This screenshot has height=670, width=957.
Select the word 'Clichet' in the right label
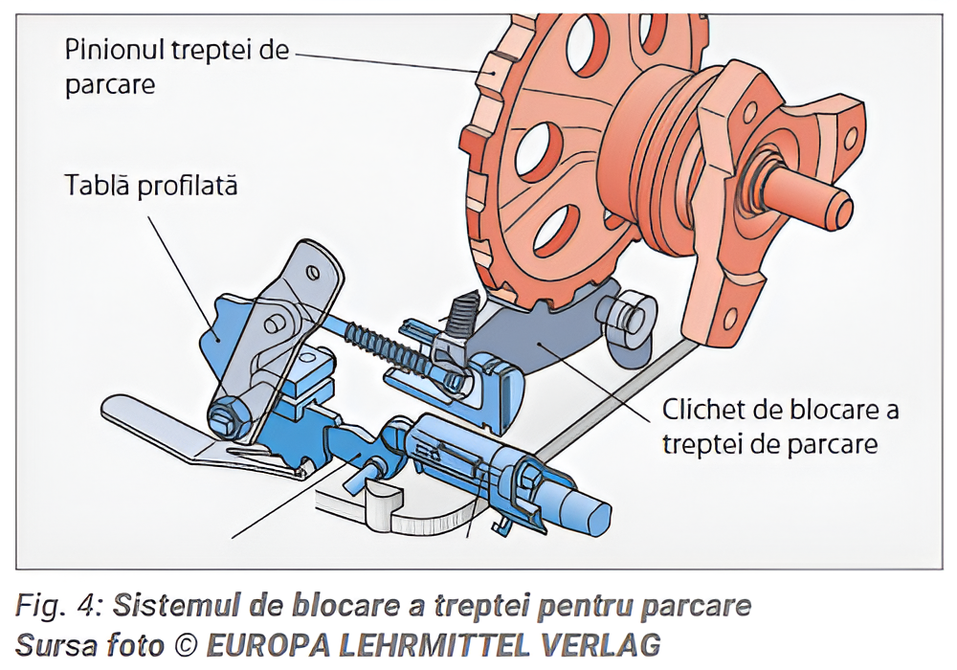pyautogui.click(x=703, y=411)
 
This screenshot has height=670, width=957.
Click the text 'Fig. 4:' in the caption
pyautogui.click(x=58, y=606)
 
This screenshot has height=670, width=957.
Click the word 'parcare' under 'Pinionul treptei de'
pyautogui.click(x=110, y=83)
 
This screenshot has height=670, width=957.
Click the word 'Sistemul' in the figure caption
pyautogui.click(x=179, y=606)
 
